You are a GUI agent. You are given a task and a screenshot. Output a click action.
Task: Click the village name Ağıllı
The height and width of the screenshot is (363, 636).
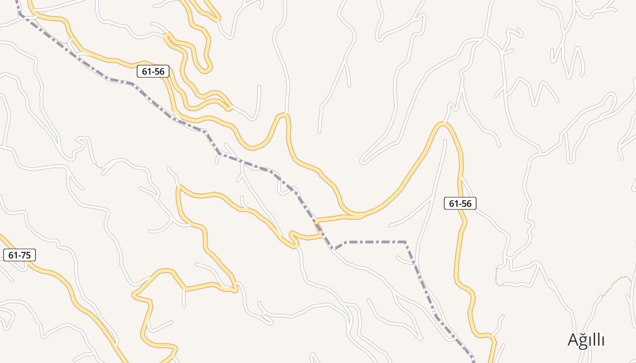point(586,340)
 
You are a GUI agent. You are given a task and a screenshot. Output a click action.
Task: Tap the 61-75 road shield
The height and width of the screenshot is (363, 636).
point(20,255)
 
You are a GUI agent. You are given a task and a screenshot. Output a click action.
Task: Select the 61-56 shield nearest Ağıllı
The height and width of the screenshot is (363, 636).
point(460,204)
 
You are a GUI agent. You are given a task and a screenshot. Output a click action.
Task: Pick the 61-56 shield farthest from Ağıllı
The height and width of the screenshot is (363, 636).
point(153,71)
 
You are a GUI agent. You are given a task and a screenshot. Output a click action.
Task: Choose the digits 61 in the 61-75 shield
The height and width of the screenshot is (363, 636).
point(13,255)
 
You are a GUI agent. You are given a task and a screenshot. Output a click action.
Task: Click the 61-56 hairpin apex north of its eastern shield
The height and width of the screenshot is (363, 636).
point(443,124)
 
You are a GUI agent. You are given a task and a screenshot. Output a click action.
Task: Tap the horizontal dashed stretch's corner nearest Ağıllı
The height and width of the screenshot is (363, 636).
point(405,242)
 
